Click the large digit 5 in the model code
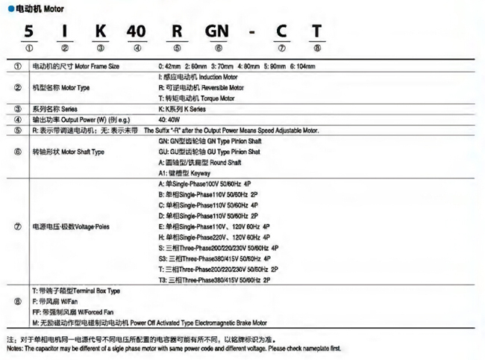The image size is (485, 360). click(28, 32)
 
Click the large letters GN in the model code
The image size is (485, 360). click(218, 32)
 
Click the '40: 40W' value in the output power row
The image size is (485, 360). click(170, 119)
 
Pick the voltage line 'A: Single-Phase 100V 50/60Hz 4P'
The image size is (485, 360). click(208, 183)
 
